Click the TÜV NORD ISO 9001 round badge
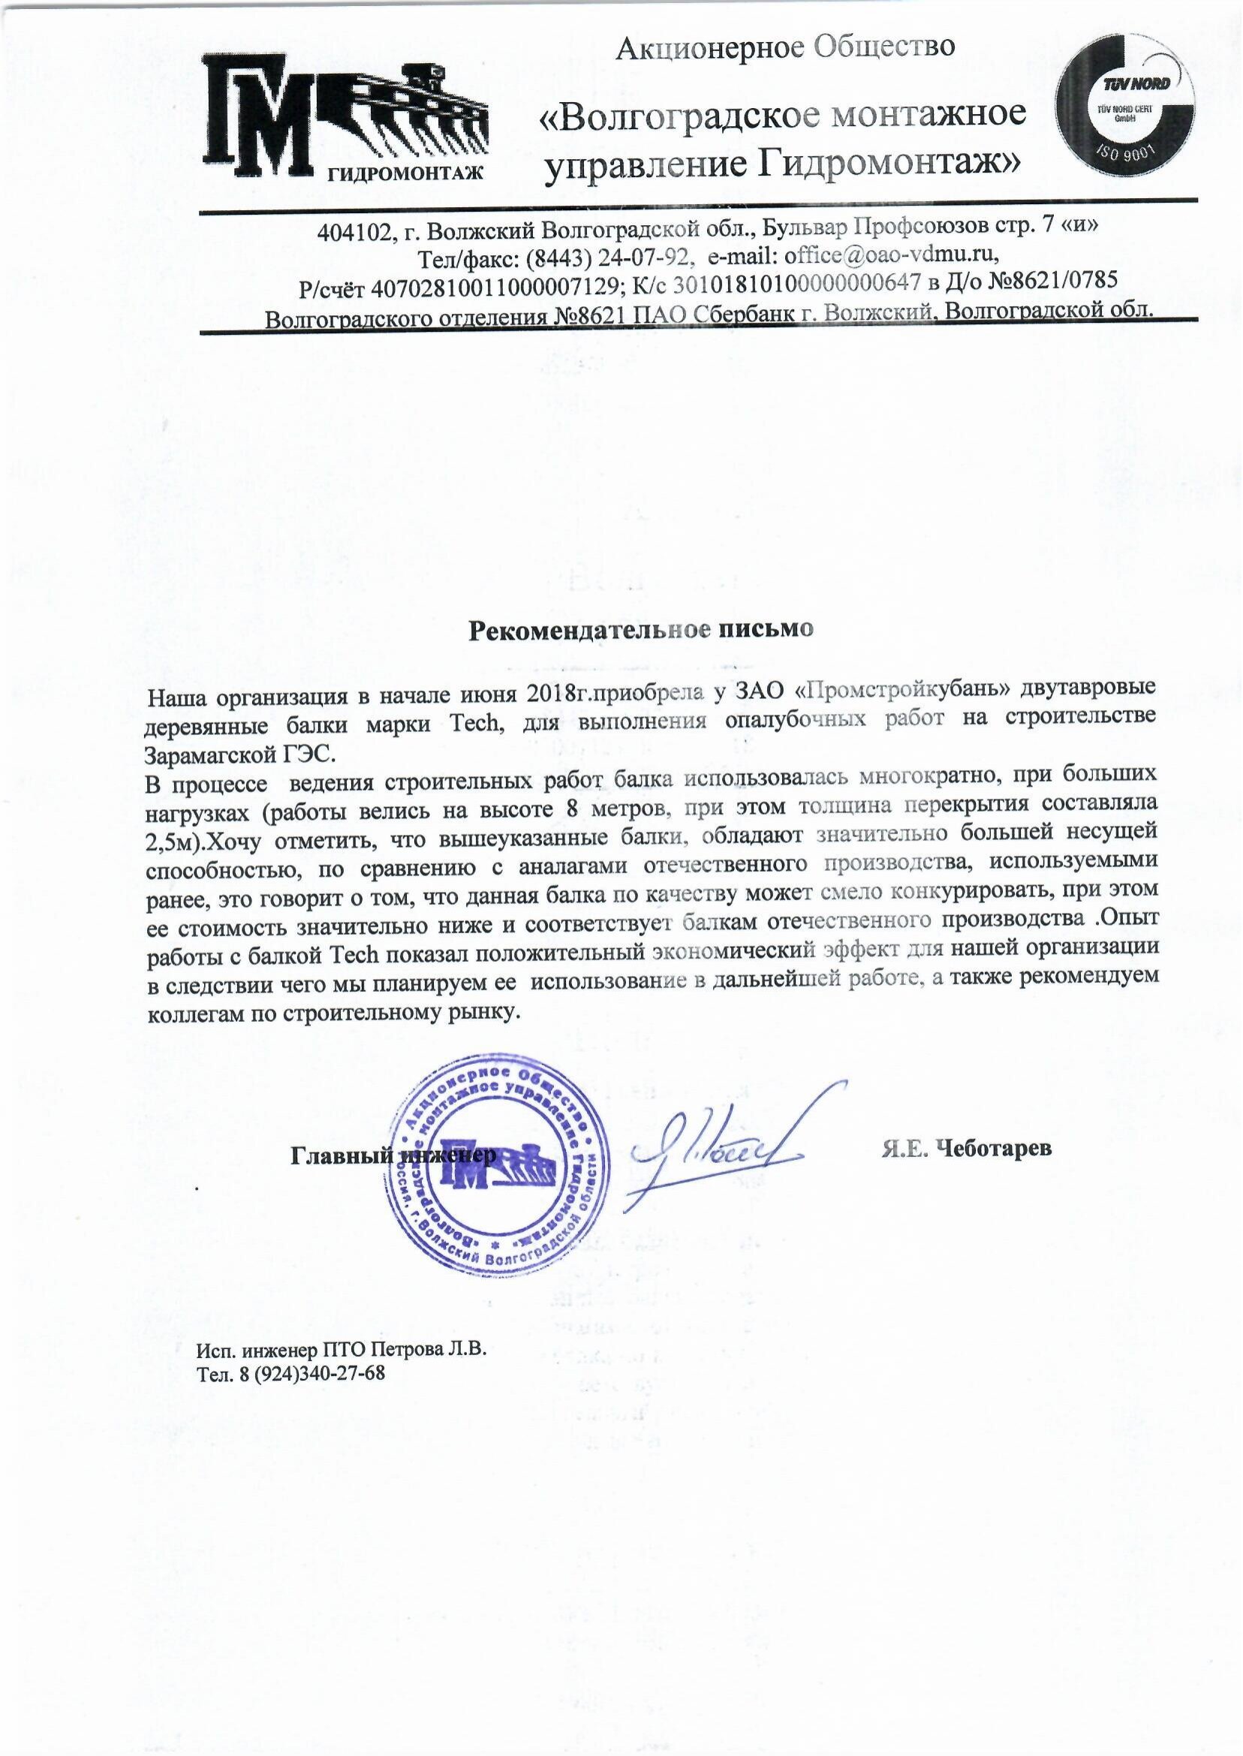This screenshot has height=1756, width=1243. point(1124,111)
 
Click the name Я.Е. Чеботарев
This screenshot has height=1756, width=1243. point(967,1148)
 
